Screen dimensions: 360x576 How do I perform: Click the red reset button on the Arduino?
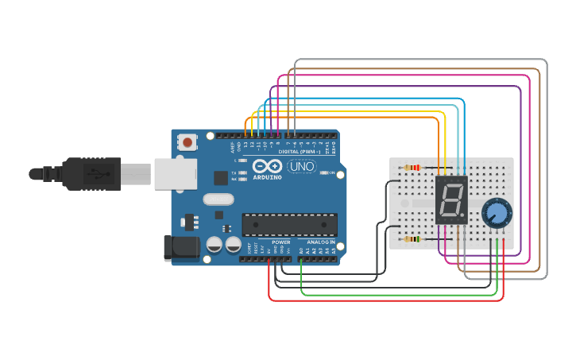point(187,142)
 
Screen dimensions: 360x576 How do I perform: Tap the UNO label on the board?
point(302,166)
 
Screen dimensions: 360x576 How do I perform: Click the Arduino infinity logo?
point(268,166)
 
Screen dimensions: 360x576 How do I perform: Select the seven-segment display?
point(451,199)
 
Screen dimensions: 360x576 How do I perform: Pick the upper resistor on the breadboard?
point(412,168)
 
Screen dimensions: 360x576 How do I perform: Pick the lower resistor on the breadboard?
point(412,238)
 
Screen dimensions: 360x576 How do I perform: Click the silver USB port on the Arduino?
point(176,173)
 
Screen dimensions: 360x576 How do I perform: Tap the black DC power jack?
point(181,248)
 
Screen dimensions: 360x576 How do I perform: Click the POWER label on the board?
point(280,242)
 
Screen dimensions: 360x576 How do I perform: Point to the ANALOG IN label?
point(321,242)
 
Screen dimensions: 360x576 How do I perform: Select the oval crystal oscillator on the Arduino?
point(218,199)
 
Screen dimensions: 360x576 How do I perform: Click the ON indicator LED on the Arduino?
point(323,172)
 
